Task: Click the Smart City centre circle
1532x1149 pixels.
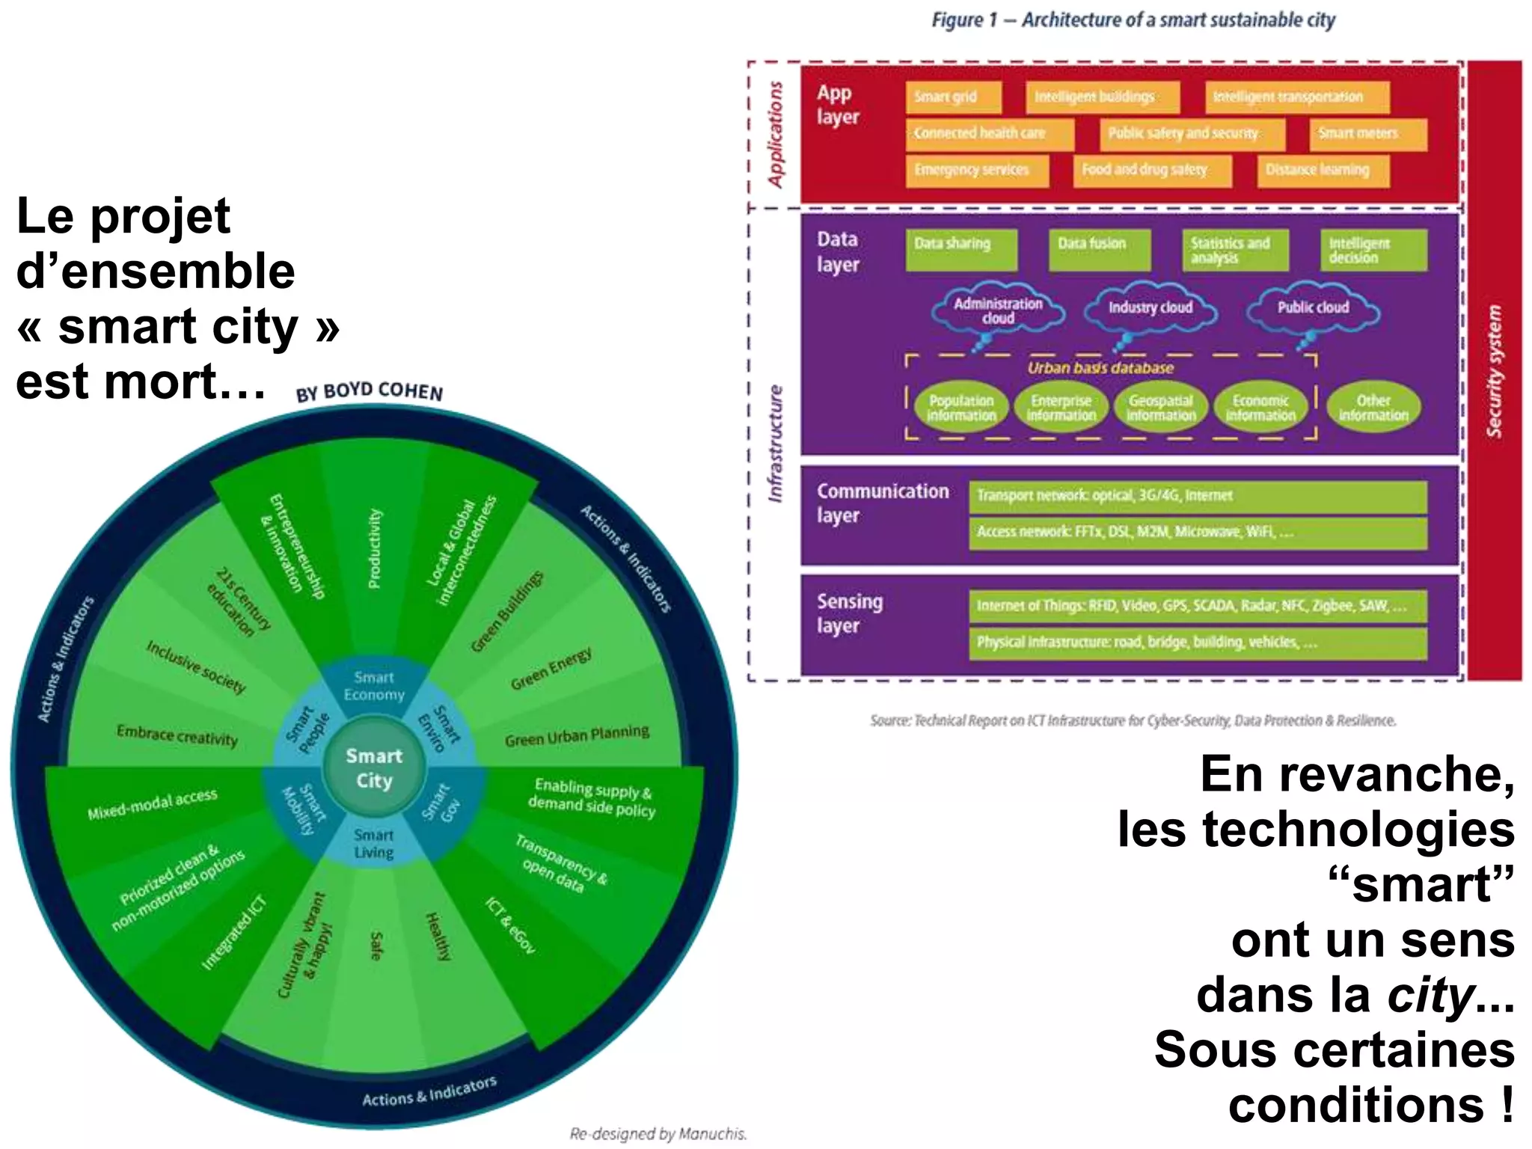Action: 374,767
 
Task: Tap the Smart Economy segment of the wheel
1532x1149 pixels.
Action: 373,686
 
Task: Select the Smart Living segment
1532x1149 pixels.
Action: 373,844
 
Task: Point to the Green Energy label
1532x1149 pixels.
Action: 551,668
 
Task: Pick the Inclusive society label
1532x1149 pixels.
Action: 196,667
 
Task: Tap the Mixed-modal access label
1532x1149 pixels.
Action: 153,804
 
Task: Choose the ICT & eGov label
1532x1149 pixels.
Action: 510,925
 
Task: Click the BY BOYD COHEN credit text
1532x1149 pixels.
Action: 369,391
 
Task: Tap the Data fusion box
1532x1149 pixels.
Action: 1099,248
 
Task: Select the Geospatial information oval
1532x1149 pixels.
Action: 1161,408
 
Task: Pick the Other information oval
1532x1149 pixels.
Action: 1373,408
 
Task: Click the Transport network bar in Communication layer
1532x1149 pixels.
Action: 1197,496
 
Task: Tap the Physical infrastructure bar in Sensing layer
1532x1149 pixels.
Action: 1197,643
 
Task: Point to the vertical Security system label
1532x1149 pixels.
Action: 1494,370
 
